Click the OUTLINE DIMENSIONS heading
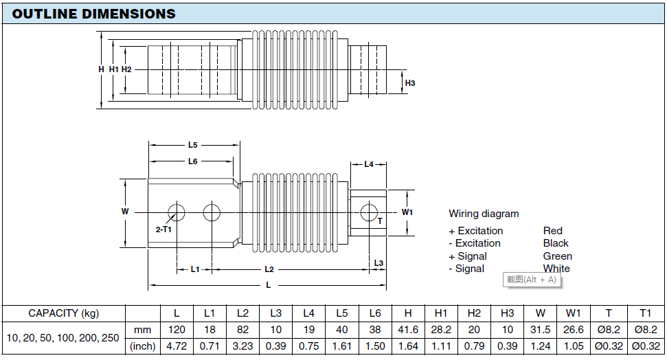[93, 14]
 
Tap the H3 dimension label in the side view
[410, 83]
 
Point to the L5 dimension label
[193, 145]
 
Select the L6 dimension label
[193, 161]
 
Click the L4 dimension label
[369, 164]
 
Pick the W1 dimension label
[407, 212]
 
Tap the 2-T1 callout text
[163, 229]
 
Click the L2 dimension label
[269, 269]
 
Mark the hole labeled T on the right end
[369, 212]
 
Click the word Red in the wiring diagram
[552, 231]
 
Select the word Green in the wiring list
[557, 256]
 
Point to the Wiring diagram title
[484, 214]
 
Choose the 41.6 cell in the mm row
[408, 330]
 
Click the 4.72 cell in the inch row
[177, 346]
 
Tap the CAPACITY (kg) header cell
[64, 313]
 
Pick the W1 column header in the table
[573, 313]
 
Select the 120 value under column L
[177, 330]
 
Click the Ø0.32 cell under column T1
[646, 346]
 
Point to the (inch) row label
[142, 346]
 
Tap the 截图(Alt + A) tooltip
[531, 280]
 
